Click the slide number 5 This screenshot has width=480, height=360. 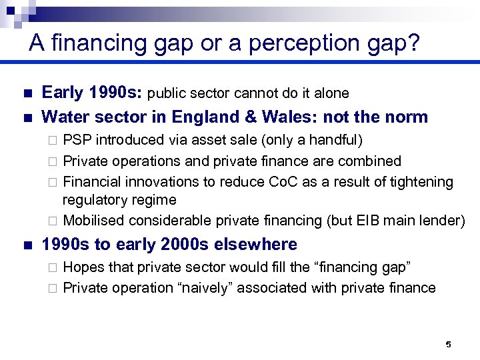(448, 345)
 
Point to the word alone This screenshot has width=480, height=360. (331, 93)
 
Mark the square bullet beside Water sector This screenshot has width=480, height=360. (26, 118)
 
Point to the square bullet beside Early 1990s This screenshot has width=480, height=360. (26, 93)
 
